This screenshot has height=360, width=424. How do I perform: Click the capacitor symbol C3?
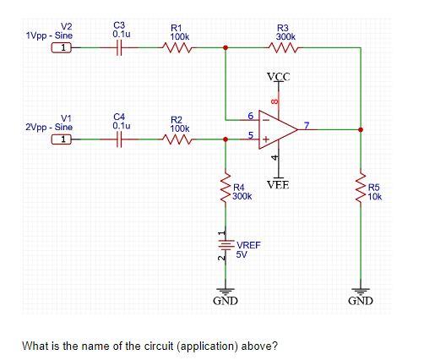point(120,48)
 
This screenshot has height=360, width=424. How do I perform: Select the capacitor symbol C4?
point(120,140)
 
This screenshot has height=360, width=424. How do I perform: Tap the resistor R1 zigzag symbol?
point(179,48)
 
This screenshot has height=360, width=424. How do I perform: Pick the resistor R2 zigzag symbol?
point(179,140)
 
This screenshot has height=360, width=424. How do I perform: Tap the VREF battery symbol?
point(225,246)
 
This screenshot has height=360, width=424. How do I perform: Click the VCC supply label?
point(278,77)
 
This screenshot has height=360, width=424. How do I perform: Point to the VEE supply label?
point(278,184)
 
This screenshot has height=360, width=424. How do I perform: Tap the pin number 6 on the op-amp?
point(250,114)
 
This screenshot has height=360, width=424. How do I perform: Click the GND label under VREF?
point(225,301)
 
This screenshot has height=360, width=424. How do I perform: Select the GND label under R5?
point(361,301)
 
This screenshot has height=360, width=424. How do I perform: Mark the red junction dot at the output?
point(361,129)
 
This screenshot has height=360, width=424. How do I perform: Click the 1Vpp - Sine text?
point(50,36)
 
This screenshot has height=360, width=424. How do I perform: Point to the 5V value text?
point(242,254)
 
